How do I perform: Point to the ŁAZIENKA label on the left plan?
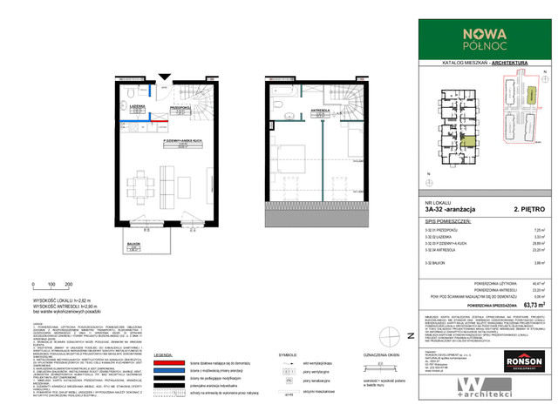coord(137,106)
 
